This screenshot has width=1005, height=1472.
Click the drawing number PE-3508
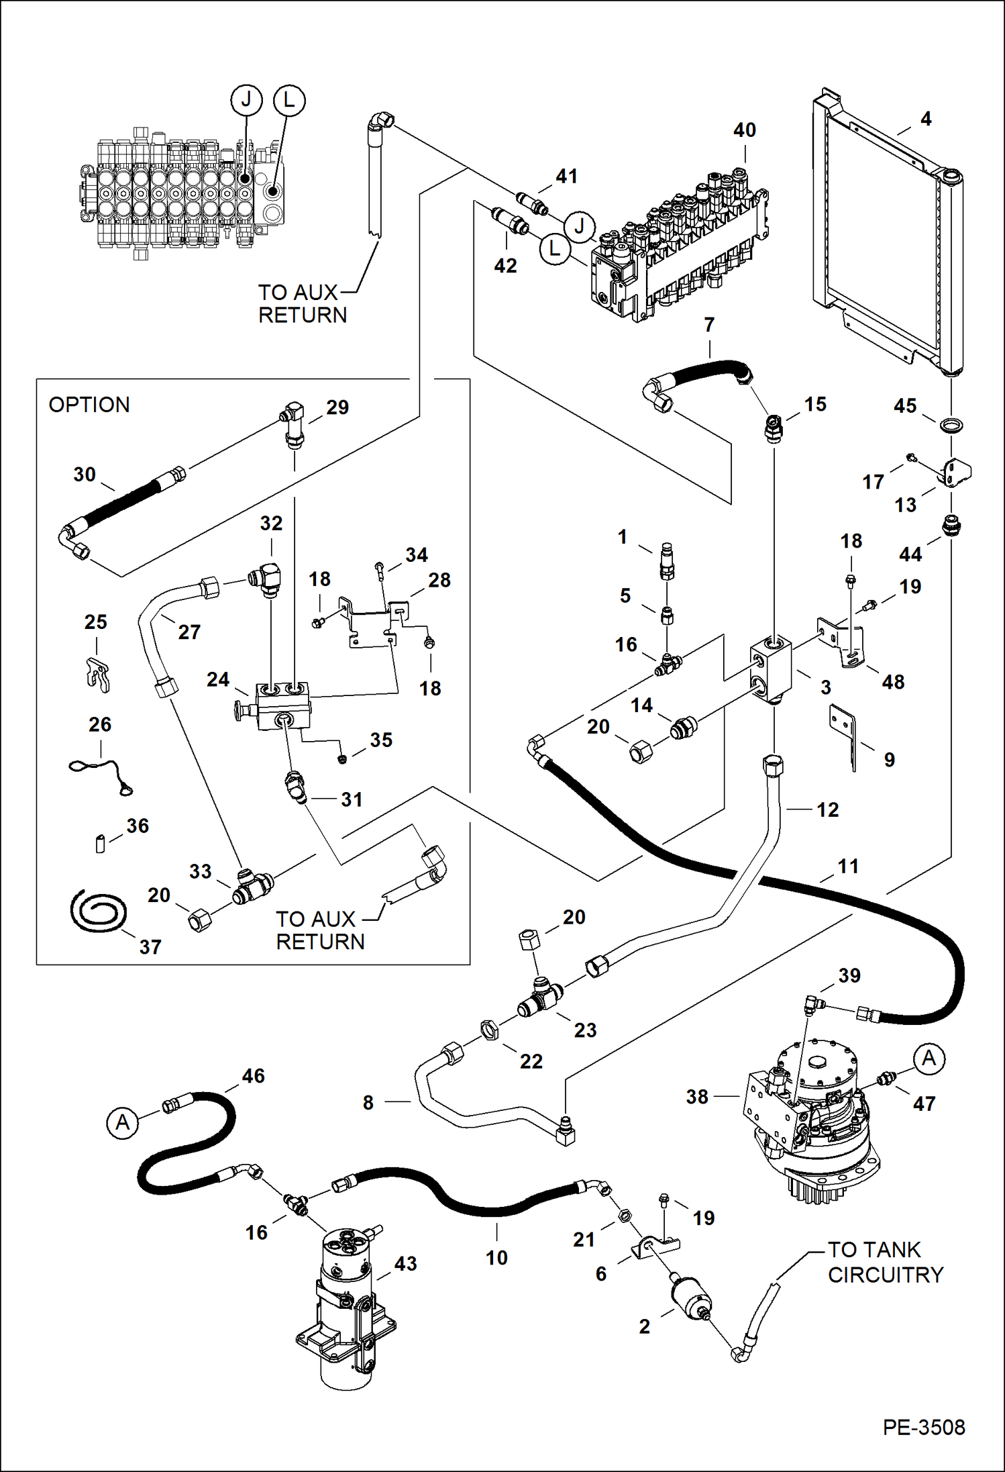(923, 1426)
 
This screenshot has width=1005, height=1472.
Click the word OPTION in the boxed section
(89, 405)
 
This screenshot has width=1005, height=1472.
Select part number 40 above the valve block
(744, 130)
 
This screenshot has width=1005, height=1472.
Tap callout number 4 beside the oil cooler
(926, 119)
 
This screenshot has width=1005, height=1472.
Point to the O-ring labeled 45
(951, 425)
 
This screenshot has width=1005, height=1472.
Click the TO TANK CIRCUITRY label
(884, 1263)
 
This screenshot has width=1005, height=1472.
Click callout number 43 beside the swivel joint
(405, 1264)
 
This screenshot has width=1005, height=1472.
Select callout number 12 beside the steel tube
(827, 810)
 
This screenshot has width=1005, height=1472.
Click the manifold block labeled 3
(772, 672)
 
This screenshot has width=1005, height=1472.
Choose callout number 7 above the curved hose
(709, 326)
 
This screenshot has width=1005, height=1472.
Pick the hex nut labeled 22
(490, 1029)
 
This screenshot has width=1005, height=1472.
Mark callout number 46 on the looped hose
(253, 1077)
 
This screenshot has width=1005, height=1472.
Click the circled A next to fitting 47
(929, 1059)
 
